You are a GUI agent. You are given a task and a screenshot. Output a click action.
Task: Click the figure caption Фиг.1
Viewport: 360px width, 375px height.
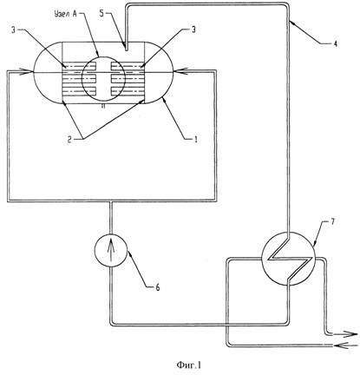click(x=189, y=365)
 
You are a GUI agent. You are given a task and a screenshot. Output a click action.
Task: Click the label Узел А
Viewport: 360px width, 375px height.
click(x=65, y=15)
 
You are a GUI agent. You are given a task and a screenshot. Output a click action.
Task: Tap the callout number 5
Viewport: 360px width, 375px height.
click(x=101, y=14)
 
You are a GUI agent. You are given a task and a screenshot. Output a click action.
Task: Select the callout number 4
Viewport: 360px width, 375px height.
click(x=335, y=43)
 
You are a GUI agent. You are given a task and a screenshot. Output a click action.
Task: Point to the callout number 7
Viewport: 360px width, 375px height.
click(x=332, y=222)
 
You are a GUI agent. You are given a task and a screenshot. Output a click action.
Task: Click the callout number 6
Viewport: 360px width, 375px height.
click(x=158, y=287)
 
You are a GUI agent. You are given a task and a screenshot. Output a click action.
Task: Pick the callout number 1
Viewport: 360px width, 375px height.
click(x=195, y=140)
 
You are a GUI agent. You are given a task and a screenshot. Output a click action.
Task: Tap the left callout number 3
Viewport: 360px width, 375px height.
click(x=13, y=30)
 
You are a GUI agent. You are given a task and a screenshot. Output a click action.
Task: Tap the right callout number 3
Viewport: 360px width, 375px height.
click(x=193, y=30)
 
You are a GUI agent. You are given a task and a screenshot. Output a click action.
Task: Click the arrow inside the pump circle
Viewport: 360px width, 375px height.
click(x=111, y=249)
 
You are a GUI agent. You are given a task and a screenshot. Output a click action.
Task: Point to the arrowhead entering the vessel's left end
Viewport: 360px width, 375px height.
click(x=27, y=71)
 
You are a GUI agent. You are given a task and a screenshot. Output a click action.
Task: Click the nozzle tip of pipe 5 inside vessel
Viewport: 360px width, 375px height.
click(x=127, y=49)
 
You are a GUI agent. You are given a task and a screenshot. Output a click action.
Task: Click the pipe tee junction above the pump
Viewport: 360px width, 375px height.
click(x=111, y=201)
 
